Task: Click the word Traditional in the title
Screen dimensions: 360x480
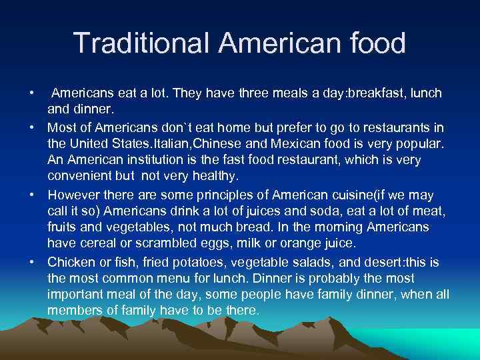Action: tap(140, 43)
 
